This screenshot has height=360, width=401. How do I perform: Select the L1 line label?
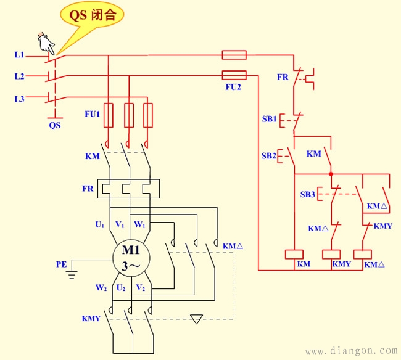pos(19,55)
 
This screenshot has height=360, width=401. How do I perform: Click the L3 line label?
pos(19,99)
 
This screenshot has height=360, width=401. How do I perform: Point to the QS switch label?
pos(55,124)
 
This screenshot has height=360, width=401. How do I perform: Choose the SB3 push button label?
pos(307,195)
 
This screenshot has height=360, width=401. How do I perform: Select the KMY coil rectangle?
pos(332,253)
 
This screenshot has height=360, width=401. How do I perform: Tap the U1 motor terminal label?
pos(99,225)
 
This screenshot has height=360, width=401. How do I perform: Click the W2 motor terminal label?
pos(101,288)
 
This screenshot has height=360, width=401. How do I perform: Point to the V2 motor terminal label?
pos(141,288)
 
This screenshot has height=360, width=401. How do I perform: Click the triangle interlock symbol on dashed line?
pos(197,319)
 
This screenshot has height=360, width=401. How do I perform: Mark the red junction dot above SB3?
pos(331,174)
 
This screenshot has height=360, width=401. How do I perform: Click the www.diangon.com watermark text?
pos(352,351)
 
